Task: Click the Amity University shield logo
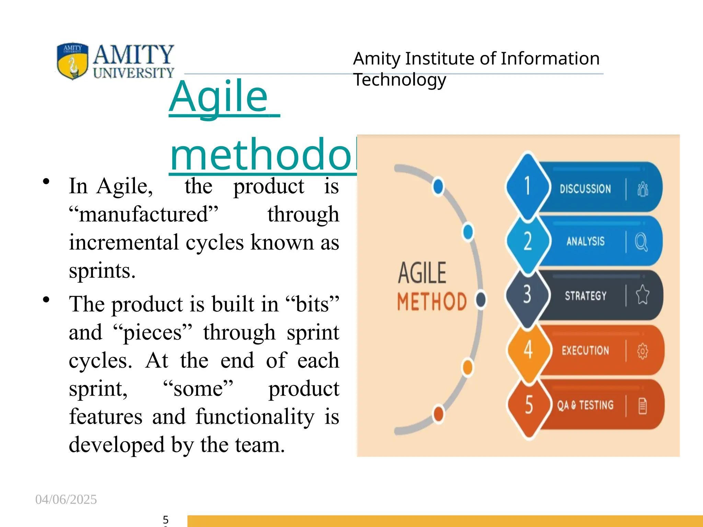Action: (72, 61)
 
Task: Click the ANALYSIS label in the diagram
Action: (585, 241)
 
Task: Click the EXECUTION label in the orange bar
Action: (585, 350)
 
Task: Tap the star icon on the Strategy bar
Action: (642, 295)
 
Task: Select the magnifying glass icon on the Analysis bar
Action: (641, 242)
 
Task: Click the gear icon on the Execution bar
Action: (642, 351)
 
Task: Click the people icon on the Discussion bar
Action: (642, 189)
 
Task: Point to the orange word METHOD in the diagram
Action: (432, 302)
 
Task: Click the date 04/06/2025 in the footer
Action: (66, 499)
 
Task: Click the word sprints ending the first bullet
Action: (102, 271)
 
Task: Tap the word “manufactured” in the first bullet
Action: (143, 214)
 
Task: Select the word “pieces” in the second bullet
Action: (152, 332)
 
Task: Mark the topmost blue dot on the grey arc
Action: (438, 187)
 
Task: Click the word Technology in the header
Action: (400, 80)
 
